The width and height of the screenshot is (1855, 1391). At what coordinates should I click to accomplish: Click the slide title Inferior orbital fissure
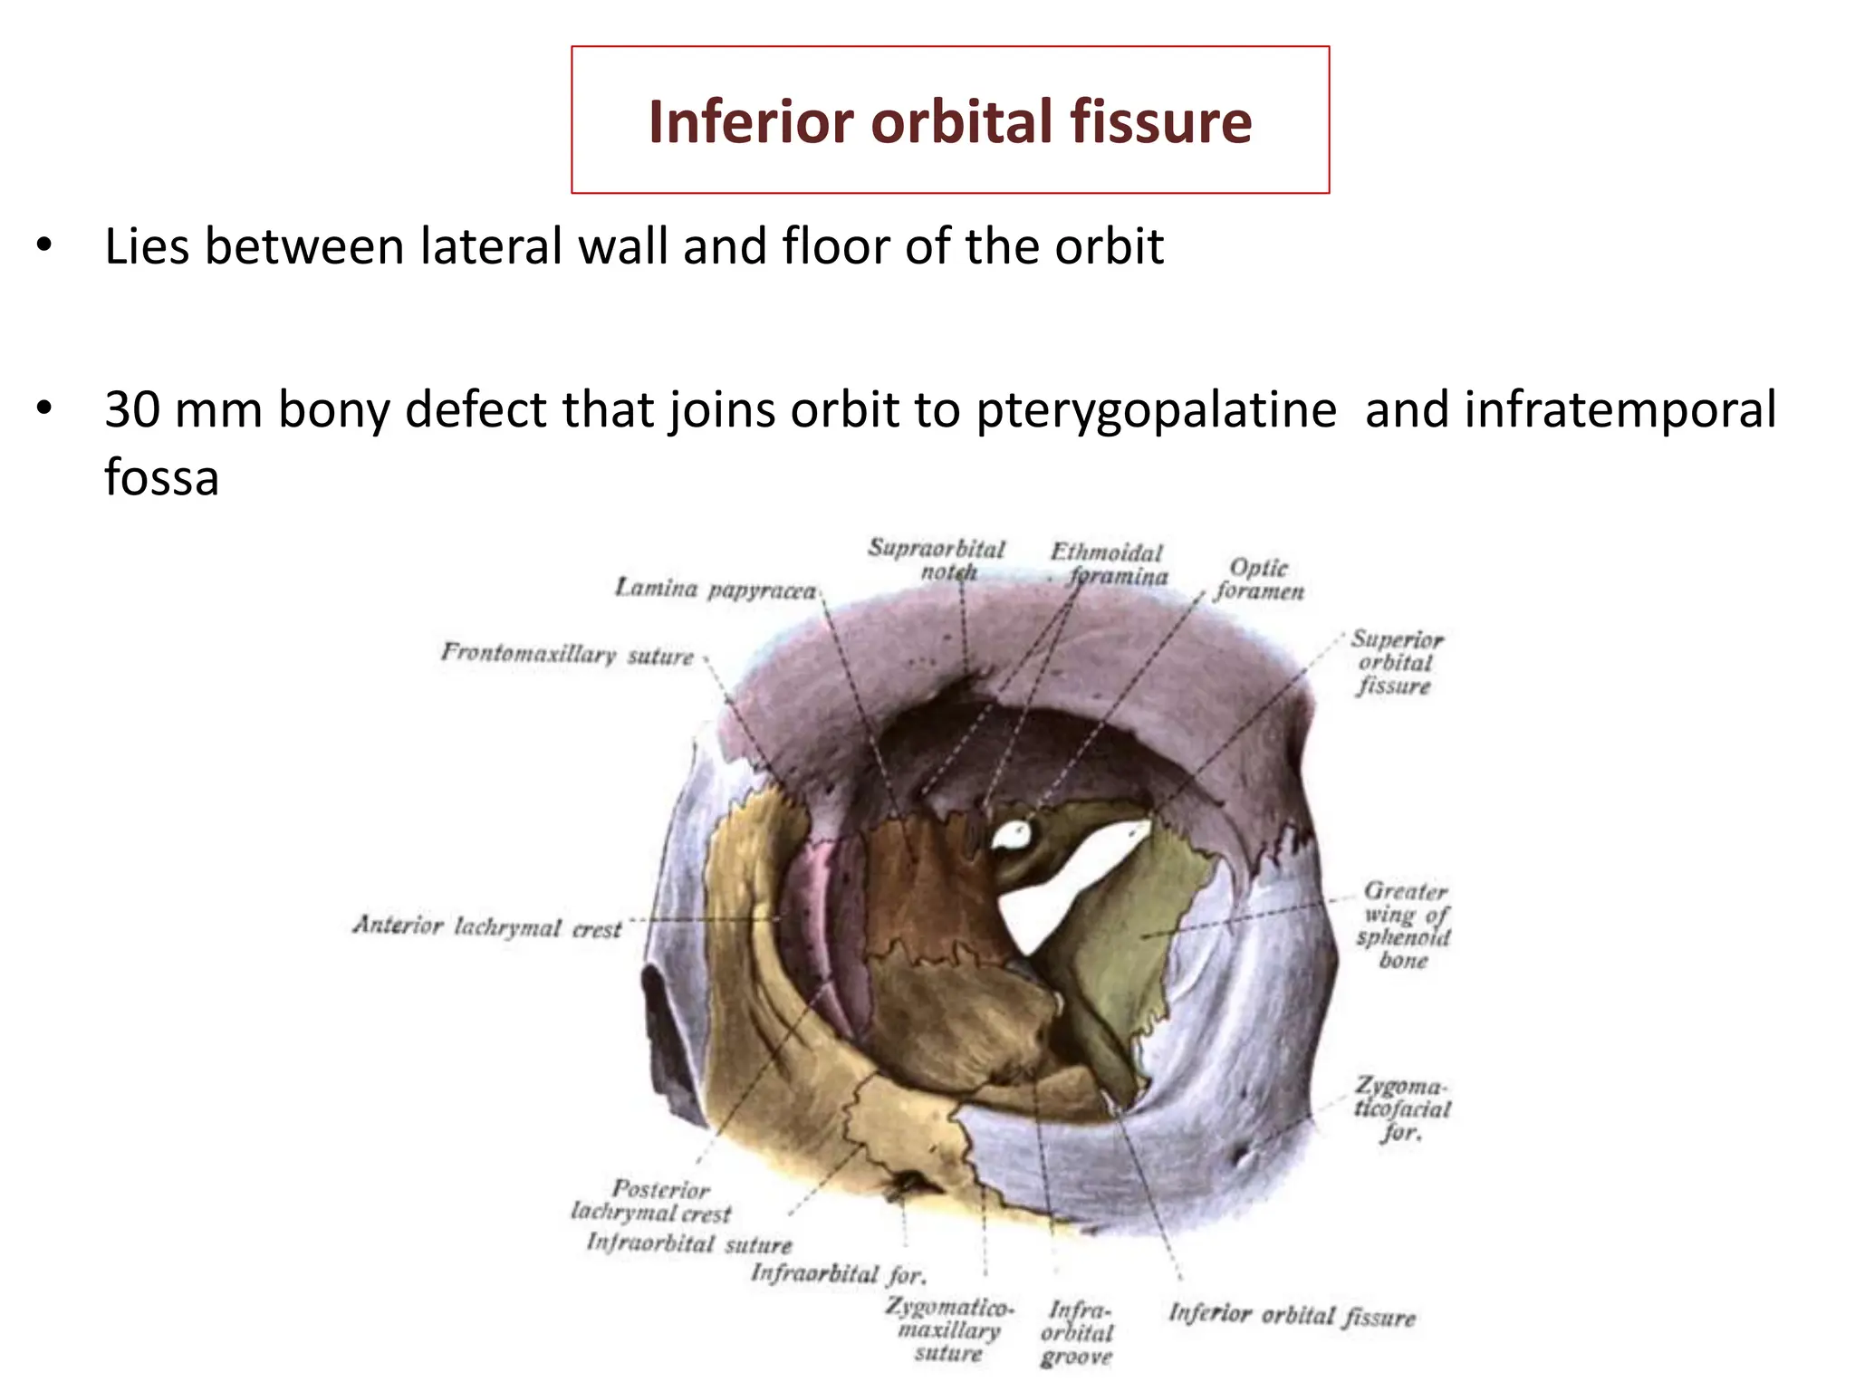[x=950, y=121]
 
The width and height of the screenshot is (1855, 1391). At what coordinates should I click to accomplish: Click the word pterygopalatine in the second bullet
[x=1156, y=409]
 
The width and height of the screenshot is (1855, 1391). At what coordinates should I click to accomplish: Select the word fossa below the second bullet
[x=161, y=477]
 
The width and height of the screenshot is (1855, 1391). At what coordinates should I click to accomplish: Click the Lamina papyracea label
[x=715, y=590]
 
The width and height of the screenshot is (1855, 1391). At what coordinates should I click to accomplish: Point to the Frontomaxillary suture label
[x=567, y=653]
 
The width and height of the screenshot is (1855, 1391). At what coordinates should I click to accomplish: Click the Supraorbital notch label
[x=937, y=560]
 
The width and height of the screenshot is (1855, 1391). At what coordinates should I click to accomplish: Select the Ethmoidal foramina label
[x=1109, y=564]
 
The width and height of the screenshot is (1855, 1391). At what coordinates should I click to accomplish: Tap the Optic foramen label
[x=1259, y=580]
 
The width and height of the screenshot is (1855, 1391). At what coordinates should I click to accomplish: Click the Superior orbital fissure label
[x=1396, y=662]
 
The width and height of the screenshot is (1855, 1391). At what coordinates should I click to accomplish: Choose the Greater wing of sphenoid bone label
[x=1404, y=925]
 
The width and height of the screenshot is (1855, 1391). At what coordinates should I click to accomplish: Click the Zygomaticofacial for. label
[x=1401, y=1108]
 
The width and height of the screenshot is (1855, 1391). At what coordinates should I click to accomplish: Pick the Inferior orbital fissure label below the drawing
[x=1292, y=1314]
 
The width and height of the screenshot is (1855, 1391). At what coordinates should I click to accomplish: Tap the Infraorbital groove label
[x=1077, y=1333]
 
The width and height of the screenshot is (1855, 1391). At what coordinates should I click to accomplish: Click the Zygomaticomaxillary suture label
[x=949, y=1329]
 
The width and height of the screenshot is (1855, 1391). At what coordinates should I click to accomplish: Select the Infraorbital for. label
[x=839, y=1274]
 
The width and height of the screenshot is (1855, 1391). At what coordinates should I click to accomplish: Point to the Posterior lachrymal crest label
[x=652, y=1201]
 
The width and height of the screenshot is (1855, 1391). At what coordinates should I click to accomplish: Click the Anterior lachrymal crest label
[x=487, y=926]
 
